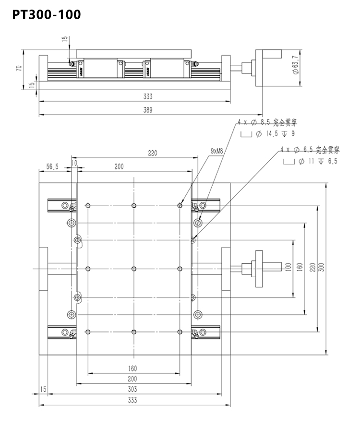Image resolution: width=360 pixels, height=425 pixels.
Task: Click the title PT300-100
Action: (x=46, y=15)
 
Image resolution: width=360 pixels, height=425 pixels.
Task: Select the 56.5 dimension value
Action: (x=52, y=166)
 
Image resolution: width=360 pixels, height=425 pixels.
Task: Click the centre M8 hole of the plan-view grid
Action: (x=134, y=268)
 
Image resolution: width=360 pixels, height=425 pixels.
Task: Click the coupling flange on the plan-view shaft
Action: (x=259, y=268)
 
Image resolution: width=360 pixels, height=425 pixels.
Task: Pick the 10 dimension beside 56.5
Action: (x=73, y=164)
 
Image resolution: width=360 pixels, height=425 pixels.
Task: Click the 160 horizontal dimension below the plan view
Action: (x=132, y=368)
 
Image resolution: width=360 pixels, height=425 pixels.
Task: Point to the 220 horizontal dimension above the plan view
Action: (x=153, y=153)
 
